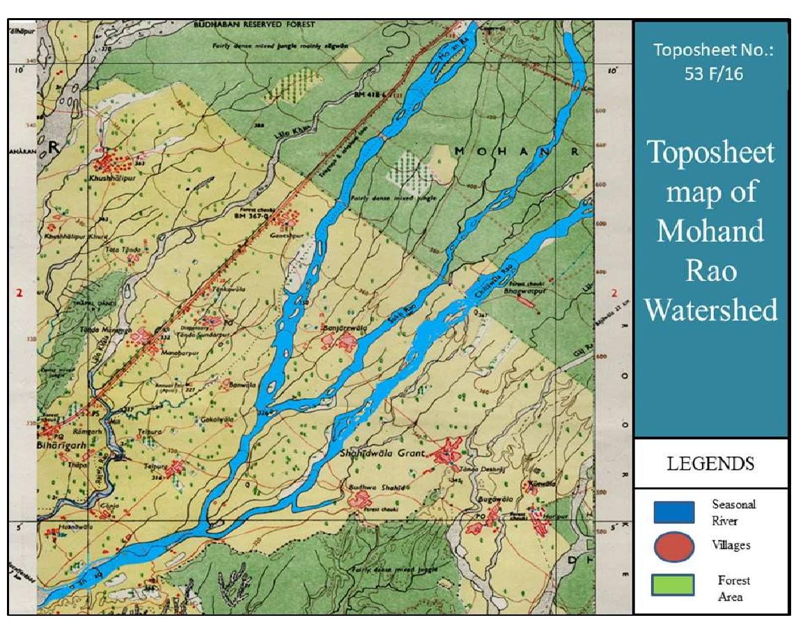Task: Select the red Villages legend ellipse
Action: point(673,547)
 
